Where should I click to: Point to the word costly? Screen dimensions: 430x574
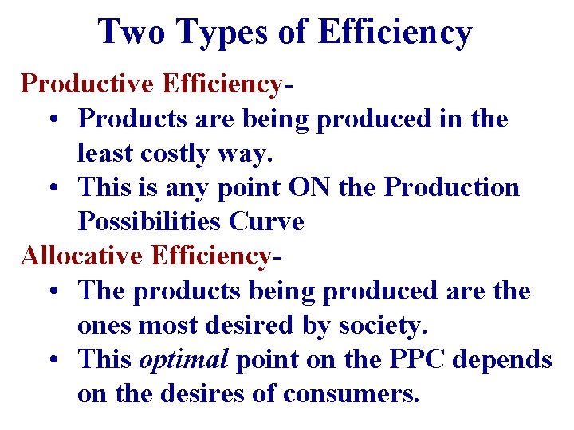pyautogui.click(x=168, y=153)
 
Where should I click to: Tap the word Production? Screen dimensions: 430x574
pyautogui.click(x=452, y=187)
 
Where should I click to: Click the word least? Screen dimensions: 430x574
pyautogui.click(x=100, y=153)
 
